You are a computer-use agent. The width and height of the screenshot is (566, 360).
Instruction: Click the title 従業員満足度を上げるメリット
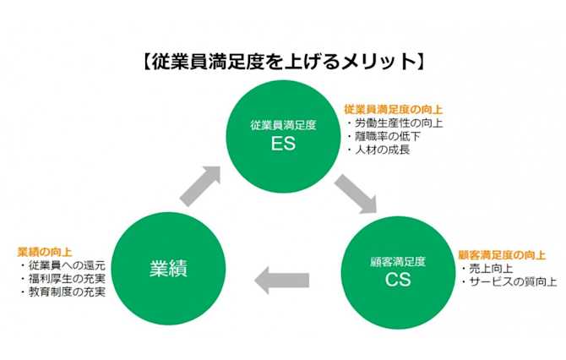point(282,62)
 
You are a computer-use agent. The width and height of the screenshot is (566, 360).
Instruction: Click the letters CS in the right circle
point(397,279)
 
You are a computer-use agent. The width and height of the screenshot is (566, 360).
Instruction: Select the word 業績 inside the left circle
point(167,269)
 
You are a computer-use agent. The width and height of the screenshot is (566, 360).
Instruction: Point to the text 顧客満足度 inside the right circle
point(397,259)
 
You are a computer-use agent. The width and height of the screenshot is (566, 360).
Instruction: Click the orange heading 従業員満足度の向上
point(393,109)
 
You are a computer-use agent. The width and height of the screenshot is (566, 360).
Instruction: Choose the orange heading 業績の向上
point(44,251)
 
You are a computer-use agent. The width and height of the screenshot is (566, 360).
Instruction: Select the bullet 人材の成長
point(382,150)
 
